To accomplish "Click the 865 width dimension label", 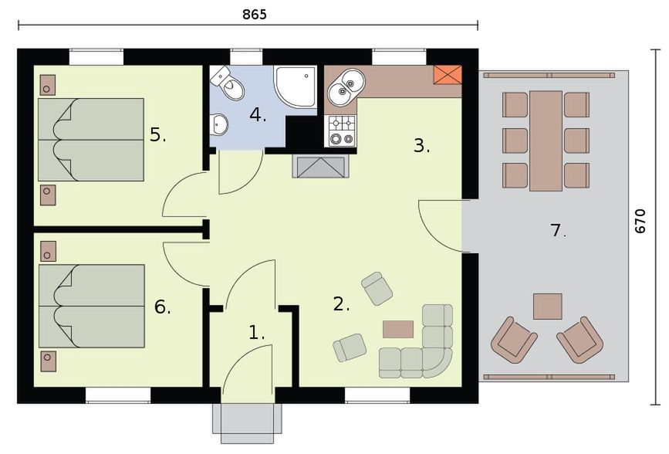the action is point(255,15).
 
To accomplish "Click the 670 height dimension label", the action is point(640,221).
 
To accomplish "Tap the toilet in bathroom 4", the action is point(228,83).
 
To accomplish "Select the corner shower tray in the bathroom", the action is point(296,86).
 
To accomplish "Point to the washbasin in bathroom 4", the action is point(219,124).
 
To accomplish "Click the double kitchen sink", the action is point(346,85).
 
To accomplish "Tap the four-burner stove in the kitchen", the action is point(342,130).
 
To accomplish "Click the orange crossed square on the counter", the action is point(448,76).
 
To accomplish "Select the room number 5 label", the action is point(157,135).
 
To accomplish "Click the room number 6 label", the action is point(162,307).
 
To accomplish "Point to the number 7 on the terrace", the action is point(558,231).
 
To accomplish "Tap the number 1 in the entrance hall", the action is point(256,333).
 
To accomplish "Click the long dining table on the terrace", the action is point(546,141).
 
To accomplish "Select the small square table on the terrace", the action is point(547,307).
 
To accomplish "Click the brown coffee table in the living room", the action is point(398,329).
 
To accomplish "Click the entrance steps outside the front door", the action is point(248,424).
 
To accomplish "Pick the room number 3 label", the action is point(421,146).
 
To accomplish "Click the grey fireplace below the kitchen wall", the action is point(321,167).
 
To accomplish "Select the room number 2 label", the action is point(341,304).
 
